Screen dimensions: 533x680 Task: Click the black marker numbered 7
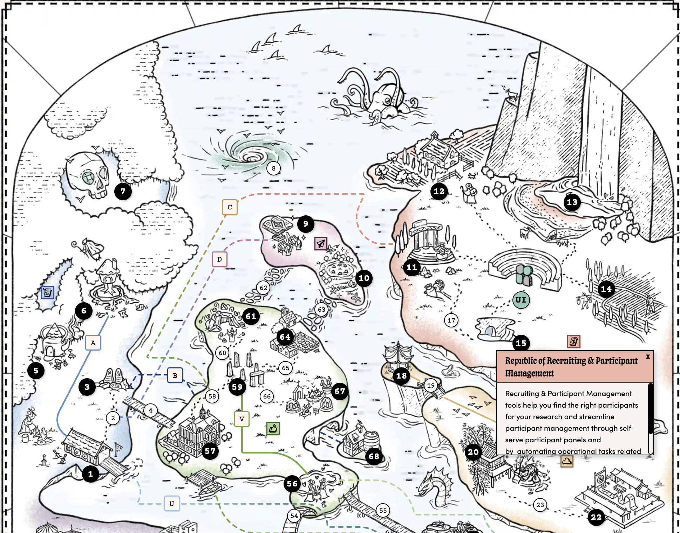[x=123, y=191]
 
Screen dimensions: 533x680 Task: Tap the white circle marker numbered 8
[x=273, y=168]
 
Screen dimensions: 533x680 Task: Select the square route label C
[x=230, y=207]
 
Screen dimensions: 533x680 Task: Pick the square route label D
[x=219, y=259]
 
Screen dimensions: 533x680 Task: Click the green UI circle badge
[x=521, y=300]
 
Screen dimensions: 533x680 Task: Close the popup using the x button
[x=648, y=357]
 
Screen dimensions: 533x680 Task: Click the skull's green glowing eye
[x=89, y=178]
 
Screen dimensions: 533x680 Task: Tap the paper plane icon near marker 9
[x=321, y=243]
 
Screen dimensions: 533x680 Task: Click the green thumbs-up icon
[x=273, y=428]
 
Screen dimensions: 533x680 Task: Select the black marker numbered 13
[x=572, y=202]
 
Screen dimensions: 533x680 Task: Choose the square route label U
[x=172, y=504]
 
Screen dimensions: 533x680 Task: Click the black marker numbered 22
[x=596, y=517]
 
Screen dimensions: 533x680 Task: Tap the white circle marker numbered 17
[x=451, y=320]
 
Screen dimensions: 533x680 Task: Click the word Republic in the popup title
[x=521, y=361]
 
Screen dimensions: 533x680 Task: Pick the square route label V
[x=242, y=419]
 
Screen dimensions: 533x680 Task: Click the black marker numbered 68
[x=374, y=456]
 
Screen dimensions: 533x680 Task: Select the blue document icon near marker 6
[x=47, y=292]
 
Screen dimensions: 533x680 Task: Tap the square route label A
[x=93, y=343]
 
